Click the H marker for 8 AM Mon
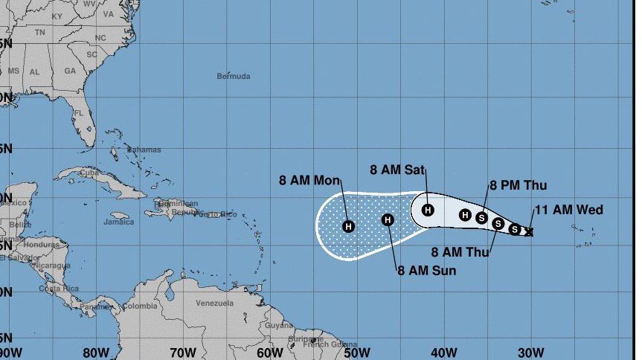pyautogui.click(x=348, y=226)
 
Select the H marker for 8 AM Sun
pyautogui.click(x=387, y=219)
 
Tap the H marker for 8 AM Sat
pyautogui.click(x=428, y=210)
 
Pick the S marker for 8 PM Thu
pyautogui.click(x=481, y=218)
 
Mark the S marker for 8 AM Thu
pyautogui.click(x=498, y=223)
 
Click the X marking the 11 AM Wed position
pyautogui.click(x=529, y=232)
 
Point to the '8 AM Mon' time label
pyautogui.click(x=309, y=180)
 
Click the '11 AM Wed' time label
pyautogui.click(x=568, y=210)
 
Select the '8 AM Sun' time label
pyautogui.click(x=426, y=270)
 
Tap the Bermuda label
pyautogui.click(x=234, y=76)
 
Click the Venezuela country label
pyautogui.click(x=214, y=303)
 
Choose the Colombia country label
pyautogui.click(x=140, y=306)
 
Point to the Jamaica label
pyautogui.click(x=119, y=222)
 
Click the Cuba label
pyautogui.click(x=89, y=173)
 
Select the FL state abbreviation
pyautogui.click(x=78, y=113)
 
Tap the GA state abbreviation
pyautogui.click(x=70, y=71)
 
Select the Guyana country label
pyautogui.click(x=279, y=325)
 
